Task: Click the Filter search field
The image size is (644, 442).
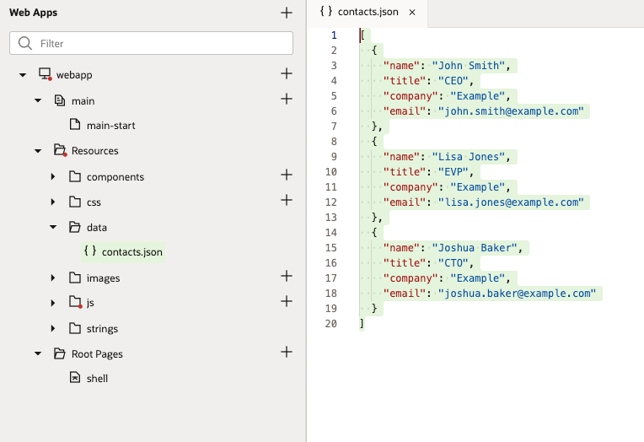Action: pos(151,43)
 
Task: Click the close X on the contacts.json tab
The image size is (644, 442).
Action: pos(412,13)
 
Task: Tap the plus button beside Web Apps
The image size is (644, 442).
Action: pos(287,13)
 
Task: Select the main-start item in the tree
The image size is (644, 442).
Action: pos(110,126)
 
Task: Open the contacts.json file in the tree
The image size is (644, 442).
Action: pos(131,252)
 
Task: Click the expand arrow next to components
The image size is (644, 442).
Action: pos(53,177)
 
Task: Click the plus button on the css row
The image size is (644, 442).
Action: pos(287,200)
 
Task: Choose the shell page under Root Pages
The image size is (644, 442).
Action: pos(97,378)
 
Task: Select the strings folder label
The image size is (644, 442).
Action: pos(102,328)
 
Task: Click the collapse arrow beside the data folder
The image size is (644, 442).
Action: pos(53,227)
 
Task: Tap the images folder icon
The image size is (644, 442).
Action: pos(75,278)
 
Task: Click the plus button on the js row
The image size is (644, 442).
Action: pos(287,301)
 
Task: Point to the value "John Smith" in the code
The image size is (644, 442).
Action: pos(468,66)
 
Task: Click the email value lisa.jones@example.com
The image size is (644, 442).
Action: pos(511,202)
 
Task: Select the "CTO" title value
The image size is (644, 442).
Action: pos(453,262)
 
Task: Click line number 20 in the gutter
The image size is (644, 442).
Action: pos(331,324)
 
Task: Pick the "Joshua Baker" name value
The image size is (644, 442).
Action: pos(475,247)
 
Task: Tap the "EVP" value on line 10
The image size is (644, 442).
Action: pos(453,171)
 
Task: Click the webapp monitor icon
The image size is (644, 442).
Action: pos(45,74)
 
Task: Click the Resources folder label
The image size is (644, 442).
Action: pos(95,151)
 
